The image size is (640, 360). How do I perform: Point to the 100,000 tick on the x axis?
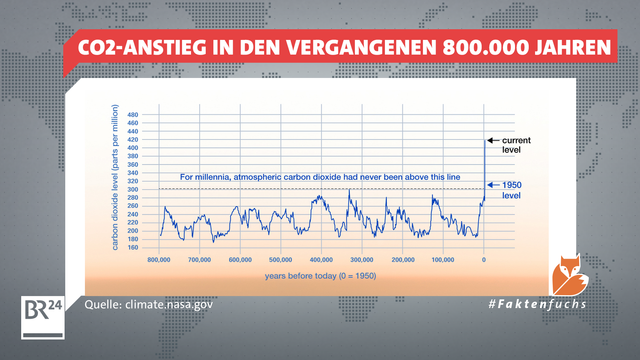(x=443, y=259)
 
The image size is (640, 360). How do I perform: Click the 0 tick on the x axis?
(x=484, y=259)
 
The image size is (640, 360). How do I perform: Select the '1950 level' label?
(x=513, y=190)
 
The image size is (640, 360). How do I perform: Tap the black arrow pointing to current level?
(x=493, y=139)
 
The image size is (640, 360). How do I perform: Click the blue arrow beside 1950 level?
(x=493, y=185)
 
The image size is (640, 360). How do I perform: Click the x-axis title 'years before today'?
(x=321, y=274)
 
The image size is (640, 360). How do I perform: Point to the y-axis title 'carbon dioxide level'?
(x=119, y=180)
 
